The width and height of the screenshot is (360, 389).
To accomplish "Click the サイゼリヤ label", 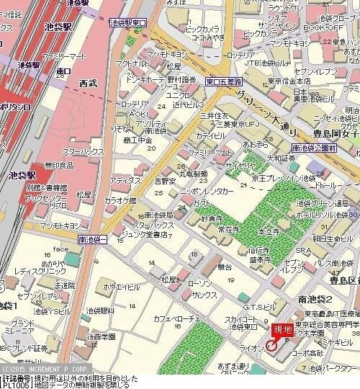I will point(240,165).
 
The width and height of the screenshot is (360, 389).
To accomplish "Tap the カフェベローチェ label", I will point(176,318).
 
